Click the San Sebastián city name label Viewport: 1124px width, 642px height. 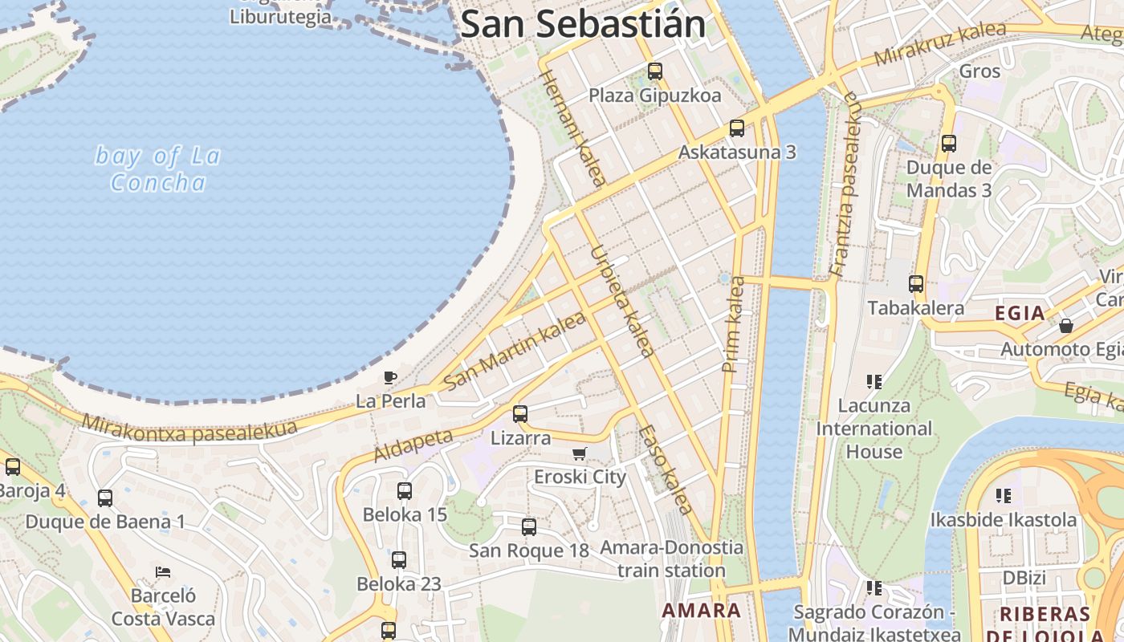pos(583,24)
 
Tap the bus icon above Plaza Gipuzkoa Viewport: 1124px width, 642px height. pos(655,71)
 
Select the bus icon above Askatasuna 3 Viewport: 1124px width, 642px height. pos(737,128)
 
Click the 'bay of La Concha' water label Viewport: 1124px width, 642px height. pos(157,169)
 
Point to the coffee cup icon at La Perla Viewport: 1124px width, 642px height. pos(390,377)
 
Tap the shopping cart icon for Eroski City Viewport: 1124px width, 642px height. pos(580,454)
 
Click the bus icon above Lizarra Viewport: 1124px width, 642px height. pos(520,414)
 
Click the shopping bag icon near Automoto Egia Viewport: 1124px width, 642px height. pos(1066,326)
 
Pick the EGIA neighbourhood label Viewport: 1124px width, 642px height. pos(1020,313)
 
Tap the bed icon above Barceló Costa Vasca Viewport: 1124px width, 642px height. pos(163,572)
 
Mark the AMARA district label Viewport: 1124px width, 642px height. pos(701,610)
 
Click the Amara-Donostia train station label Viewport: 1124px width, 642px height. pos(672,559)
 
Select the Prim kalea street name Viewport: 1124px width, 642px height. pos(733,324)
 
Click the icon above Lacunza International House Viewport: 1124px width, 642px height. pos(874,382)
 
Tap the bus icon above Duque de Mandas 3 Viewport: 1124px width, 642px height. pos(949,144)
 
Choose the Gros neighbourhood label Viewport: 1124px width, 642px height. pos(980,71)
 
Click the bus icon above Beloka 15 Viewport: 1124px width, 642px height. pos(405,491)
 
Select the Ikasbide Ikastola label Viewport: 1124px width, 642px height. pos(1004,520)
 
